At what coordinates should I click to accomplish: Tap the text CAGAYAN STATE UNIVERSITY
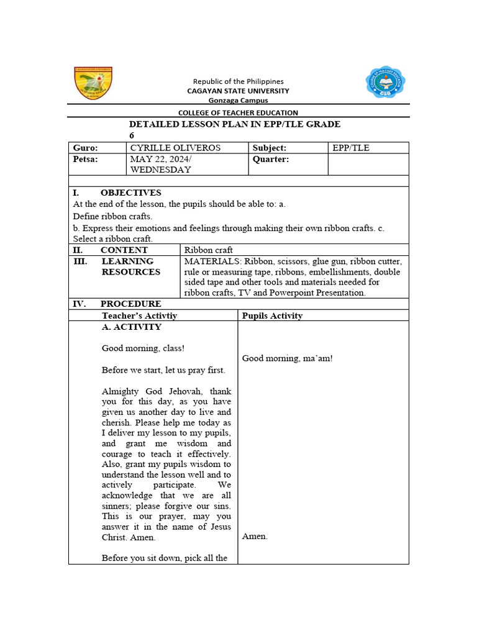pyautogui.click(x=238, y=91)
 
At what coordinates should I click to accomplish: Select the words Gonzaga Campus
pyautogui.click(x=238, y=100)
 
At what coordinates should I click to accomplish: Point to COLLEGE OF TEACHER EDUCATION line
pyautogui.click(x=238, y=112)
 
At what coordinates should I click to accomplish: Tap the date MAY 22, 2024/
pyautogui.click(x=159, y=159)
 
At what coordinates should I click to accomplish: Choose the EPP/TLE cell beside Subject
pyautogui.click(x=351, y=148)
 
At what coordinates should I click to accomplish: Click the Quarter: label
pyautogui.click(x=271, y=159)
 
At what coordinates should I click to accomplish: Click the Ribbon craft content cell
pyautogui.click(x=209, y=250)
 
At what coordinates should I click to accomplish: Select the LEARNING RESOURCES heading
pyautogui.click(x=130, y=266)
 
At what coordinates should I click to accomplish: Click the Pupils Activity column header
pyautogui.click(x=272, y=316)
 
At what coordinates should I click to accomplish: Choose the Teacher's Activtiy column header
pyautogui.click(x=139, y=316)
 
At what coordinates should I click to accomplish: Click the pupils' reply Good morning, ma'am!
pyautogui.click(x=287, y=358)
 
